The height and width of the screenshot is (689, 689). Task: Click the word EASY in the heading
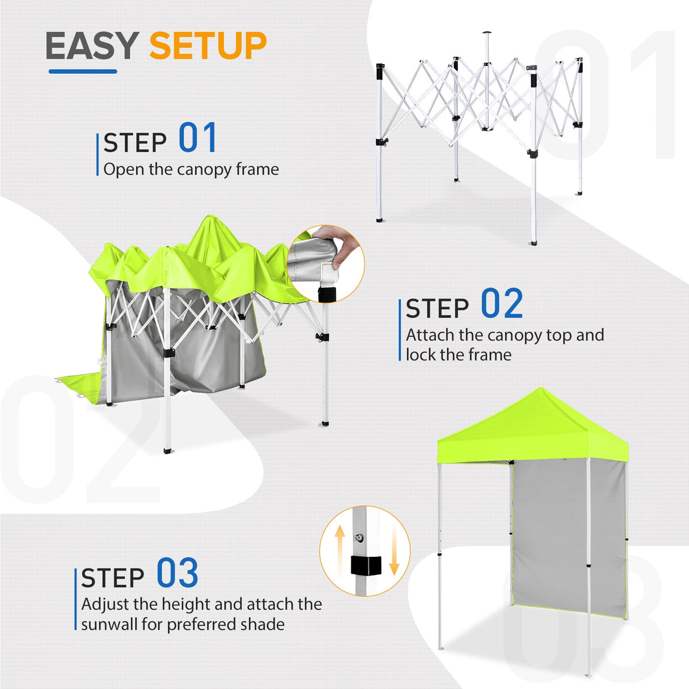(x=92, y=46)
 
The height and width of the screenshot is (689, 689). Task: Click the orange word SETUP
(x=208, y=46)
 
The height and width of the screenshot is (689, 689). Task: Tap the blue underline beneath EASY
(x=83, y=72)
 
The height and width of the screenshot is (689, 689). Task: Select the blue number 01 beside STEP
(x=198, y=138)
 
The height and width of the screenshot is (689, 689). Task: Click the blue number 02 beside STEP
(x=502, y=304)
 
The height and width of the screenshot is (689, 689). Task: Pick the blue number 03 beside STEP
(x=177, y=573)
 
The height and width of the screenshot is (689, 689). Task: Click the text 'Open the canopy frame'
(x=191, y=169)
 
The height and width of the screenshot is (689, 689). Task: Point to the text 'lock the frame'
(x=459, y=355)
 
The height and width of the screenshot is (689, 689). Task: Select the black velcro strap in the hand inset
(x=327, y=294)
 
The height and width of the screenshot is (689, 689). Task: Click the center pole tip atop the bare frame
(x=486, y=34)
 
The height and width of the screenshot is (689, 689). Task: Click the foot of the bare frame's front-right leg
(x=533, y=243)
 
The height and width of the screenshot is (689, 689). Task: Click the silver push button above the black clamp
(x=359, y=537)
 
